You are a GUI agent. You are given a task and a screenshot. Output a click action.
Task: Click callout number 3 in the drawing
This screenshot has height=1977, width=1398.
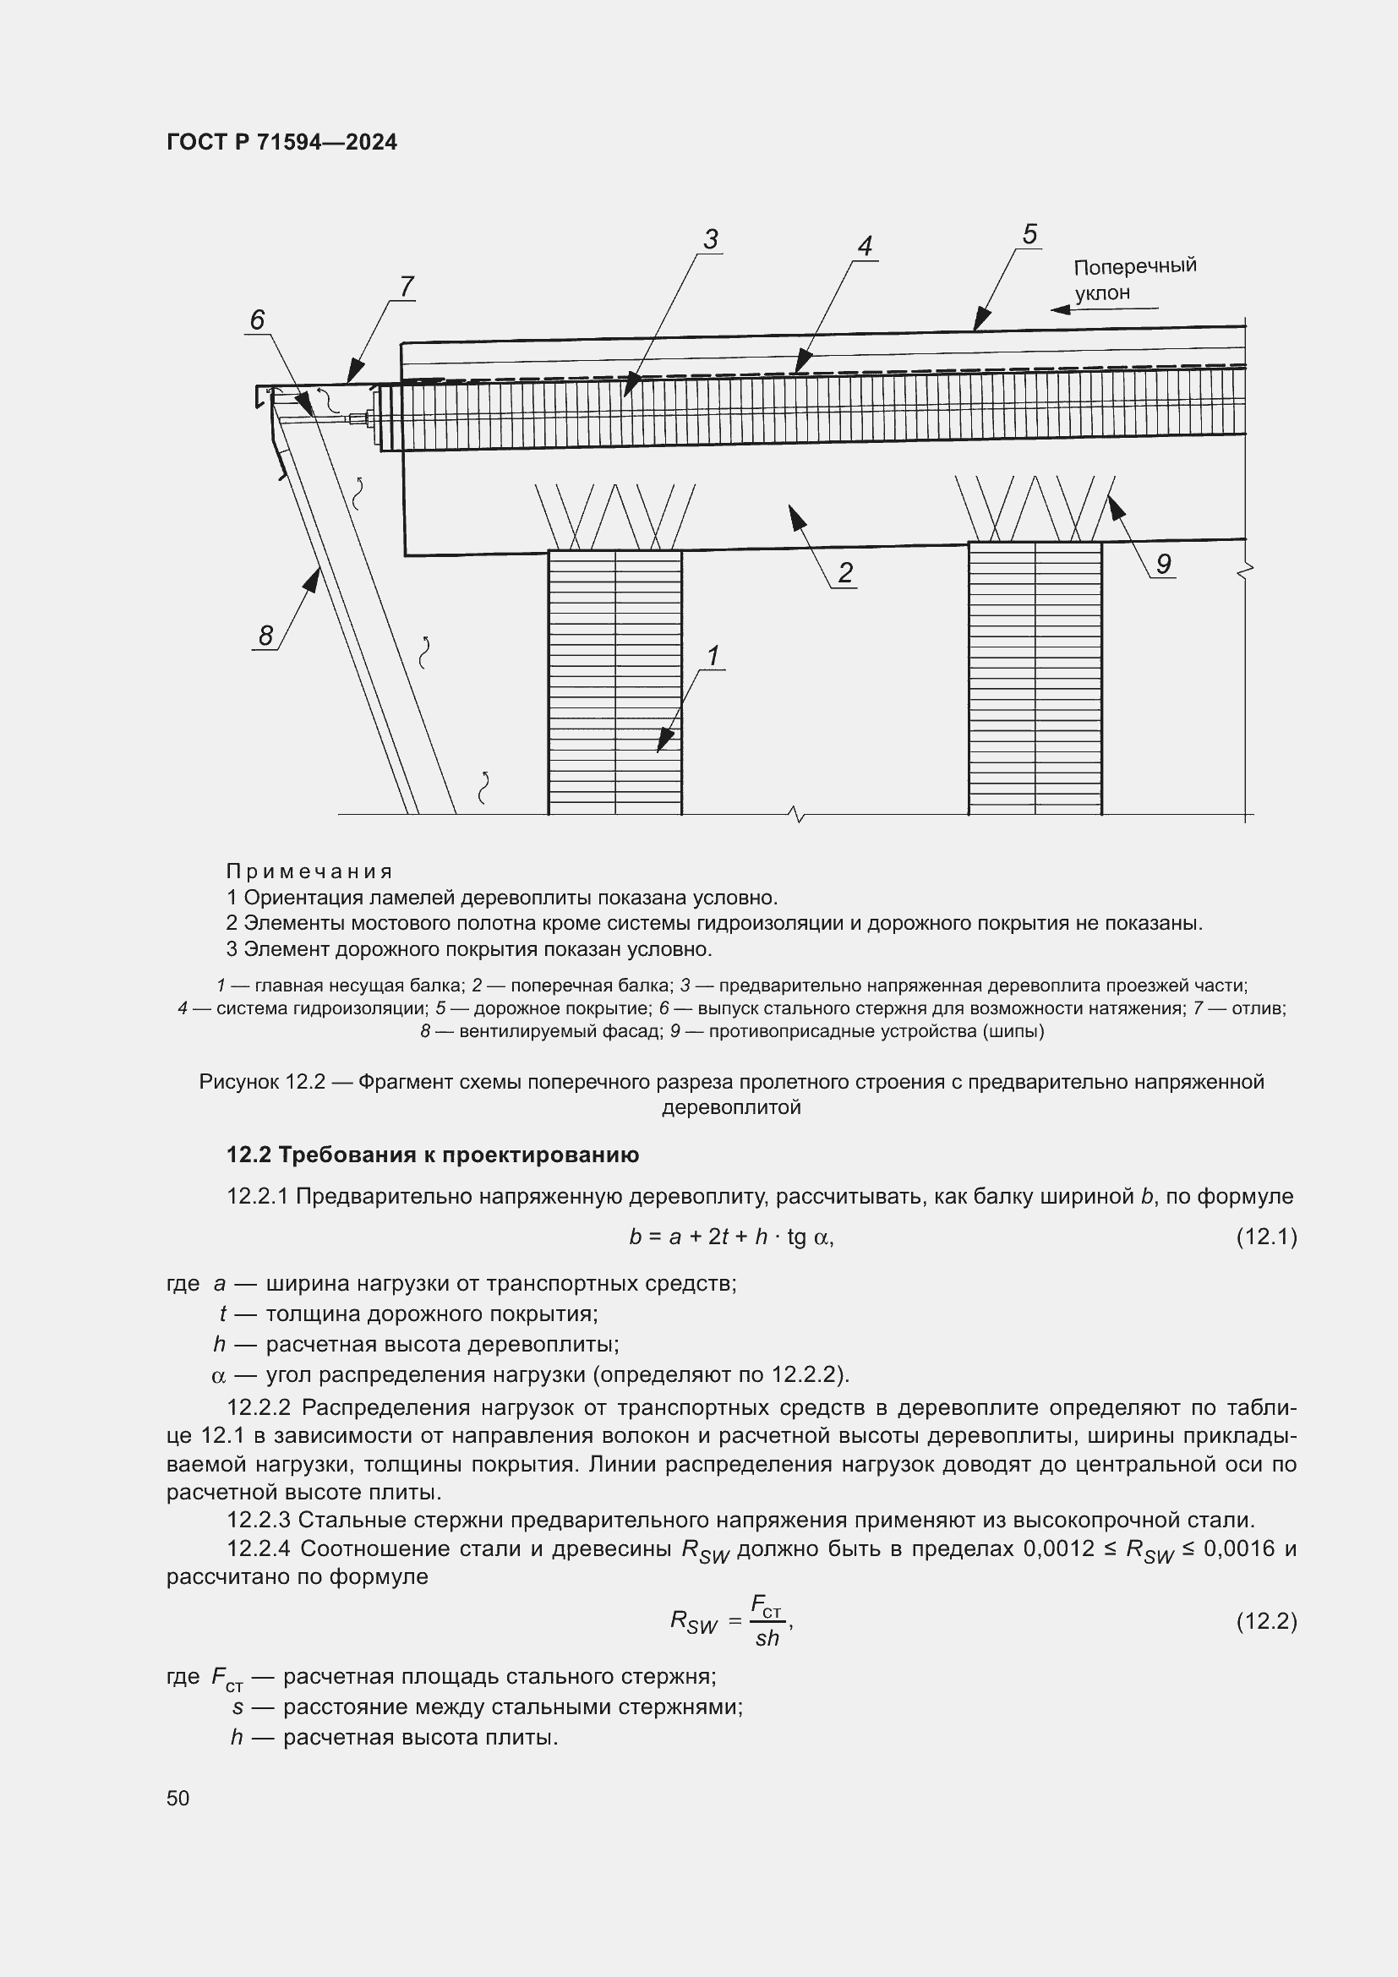point(710,239)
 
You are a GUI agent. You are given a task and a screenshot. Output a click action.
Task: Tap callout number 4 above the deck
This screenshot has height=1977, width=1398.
point(865,246)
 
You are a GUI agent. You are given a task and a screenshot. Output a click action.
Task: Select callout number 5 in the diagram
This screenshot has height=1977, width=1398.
point(1029,234)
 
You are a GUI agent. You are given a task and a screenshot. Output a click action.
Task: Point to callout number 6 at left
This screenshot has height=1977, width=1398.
point(258,320)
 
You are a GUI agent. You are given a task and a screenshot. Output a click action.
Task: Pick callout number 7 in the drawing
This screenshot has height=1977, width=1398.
point(407,286)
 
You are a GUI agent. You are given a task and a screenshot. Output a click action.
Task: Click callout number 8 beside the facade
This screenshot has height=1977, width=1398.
point(265,636)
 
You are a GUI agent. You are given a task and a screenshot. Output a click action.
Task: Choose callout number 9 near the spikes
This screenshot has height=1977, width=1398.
point(1163,564)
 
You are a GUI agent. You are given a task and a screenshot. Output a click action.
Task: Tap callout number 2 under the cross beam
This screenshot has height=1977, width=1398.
point(845,572)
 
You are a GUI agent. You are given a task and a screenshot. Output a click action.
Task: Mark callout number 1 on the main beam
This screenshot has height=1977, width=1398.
point(713,656)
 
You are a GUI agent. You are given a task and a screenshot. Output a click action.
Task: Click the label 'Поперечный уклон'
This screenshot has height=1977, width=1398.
point(1134,278)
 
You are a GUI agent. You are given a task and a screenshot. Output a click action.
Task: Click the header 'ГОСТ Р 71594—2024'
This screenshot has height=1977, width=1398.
point(281,143)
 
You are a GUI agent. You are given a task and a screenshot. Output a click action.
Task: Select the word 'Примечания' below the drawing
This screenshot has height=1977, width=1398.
point(309,871)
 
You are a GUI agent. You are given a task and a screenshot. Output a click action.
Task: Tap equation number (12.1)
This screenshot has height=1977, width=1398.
point(1265,1237)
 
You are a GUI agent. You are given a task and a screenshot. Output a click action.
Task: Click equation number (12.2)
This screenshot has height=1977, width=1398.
point(1265,1621)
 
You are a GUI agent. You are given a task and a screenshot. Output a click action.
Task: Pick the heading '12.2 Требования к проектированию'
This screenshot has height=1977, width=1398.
point(432,1155)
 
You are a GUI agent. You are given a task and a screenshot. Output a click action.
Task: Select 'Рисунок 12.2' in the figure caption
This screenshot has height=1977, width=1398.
point(262,1082)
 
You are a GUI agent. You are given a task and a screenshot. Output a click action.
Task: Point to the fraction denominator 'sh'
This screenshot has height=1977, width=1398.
point(766,1639)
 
